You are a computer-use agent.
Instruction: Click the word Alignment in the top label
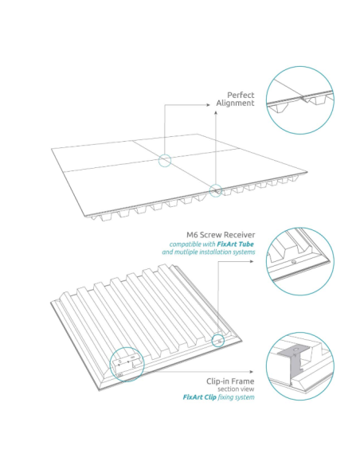(x=235, y=103)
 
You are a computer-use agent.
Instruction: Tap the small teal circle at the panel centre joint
(x=165, y=161)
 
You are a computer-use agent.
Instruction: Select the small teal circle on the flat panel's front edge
(x=215, y=190)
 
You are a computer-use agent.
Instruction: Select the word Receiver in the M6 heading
(x=239, y=235)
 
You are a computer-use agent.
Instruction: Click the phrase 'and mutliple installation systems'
(x=208, y=252)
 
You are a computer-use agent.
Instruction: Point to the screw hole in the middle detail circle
(x=294, y=260)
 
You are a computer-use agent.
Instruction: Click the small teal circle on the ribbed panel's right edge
(x=217, y=340)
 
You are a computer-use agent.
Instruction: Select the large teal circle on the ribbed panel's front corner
(x=127, y=365)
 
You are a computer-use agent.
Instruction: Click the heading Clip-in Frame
(x=229, y=379)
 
